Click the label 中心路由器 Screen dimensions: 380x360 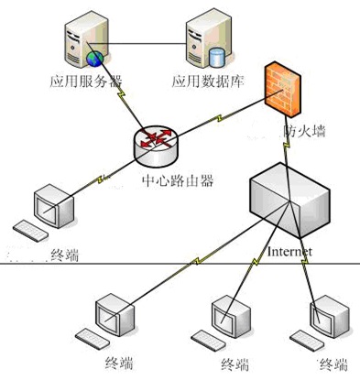coord(178,180)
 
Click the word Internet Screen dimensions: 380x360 coord(289,251)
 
